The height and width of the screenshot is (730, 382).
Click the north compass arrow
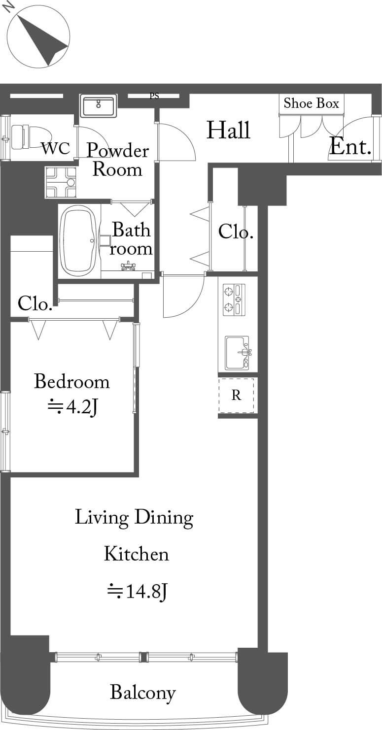click(x=44, y=41)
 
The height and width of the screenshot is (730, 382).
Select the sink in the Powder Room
click(x=99, y=106)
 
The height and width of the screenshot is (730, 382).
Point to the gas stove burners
click(x=234, y=300)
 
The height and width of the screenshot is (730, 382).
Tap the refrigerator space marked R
click(x=236, y=396)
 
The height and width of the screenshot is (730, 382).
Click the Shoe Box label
click(x=311, y=103)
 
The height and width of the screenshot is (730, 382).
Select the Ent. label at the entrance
click(x=350, y=146)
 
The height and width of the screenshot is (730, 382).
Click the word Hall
click(x=229, y=130)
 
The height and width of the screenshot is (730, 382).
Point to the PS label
click(x=154, y=96)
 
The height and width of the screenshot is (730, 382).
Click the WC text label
click(x=56, y=148)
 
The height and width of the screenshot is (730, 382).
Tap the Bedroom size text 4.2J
click(x=73, y=407)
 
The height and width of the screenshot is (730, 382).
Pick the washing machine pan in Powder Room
click(x=61, y=182)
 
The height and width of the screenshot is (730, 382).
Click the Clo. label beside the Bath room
click(x=35, y=303)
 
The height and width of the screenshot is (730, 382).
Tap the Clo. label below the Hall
click(x=236, y=232)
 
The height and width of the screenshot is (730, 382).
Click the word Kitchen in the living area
click(x=137, y=554)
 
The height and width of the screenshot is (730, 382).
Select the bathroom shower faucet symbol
click(x=129, y=266)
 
